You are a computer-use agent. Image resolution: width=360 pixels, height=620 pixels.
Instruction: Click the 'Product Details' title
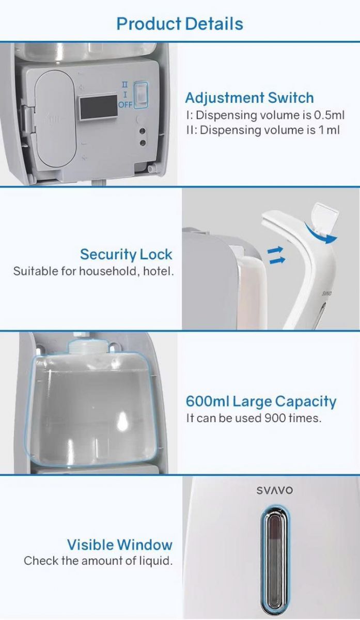click(180, 24)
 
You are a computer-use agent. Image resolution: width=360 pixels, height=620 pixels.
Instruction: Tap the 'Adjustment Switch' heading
click(249, 98)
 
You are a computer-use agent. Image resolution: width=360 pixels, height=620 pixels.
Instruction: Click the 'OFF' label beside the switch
click(126, 105)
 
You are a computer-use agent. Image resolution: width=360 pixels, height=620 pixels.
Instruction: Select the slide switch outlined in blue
click(140, 95)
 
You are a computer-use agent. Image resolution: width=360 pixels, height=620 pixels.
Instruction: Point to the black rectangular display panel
click(99, 106)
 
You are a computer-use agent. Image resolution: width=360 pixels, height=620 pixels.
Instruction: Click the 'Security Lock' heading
click(126, 254)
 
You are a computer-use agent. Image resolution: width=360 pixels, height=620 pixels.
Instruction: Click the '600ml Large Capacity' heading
click(261, 402)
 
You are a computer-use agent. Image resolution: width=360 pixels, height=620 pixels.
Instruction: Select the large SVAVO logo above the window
click(274, 491)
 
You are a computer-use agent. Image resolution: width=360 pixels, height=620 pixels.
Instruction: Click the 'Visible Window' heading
click(120, 545)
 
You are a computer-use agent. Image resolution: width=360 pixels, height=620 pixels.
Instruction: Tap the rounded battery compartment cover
click(56, 119)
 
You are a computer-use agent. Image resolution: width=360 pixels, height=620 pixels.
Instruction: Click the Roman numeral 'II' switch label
click(125, 84)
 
